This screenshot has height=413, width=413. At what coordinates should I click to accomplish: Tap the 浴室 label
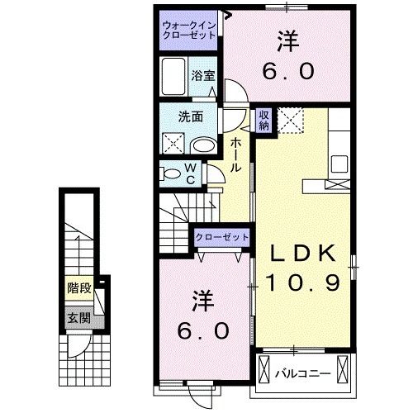tap(204, 75)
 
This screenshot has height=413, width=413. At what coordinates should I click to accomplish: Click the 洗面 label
tap(192, 116)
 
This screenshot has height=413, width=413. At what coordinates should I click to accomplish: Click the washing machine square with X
tap(176, 144)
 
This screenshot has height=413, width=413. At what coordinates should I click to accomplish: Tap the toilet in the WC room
tap(173, 173)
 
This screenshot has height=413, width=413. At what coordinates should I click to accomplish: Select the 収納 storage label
tap(263, 120)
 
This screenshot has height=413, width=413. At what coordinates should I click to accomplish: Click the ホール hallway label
tap(236, 154)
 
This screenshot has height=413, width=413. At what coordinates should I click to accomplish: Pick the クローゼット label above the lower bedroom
tap(221, 237)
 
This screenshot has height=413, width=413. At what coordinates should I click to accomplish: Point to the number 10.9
tap(303, 283)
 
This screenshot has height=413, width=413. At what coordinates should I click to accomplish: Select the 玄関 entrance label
tap(79, 317)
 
